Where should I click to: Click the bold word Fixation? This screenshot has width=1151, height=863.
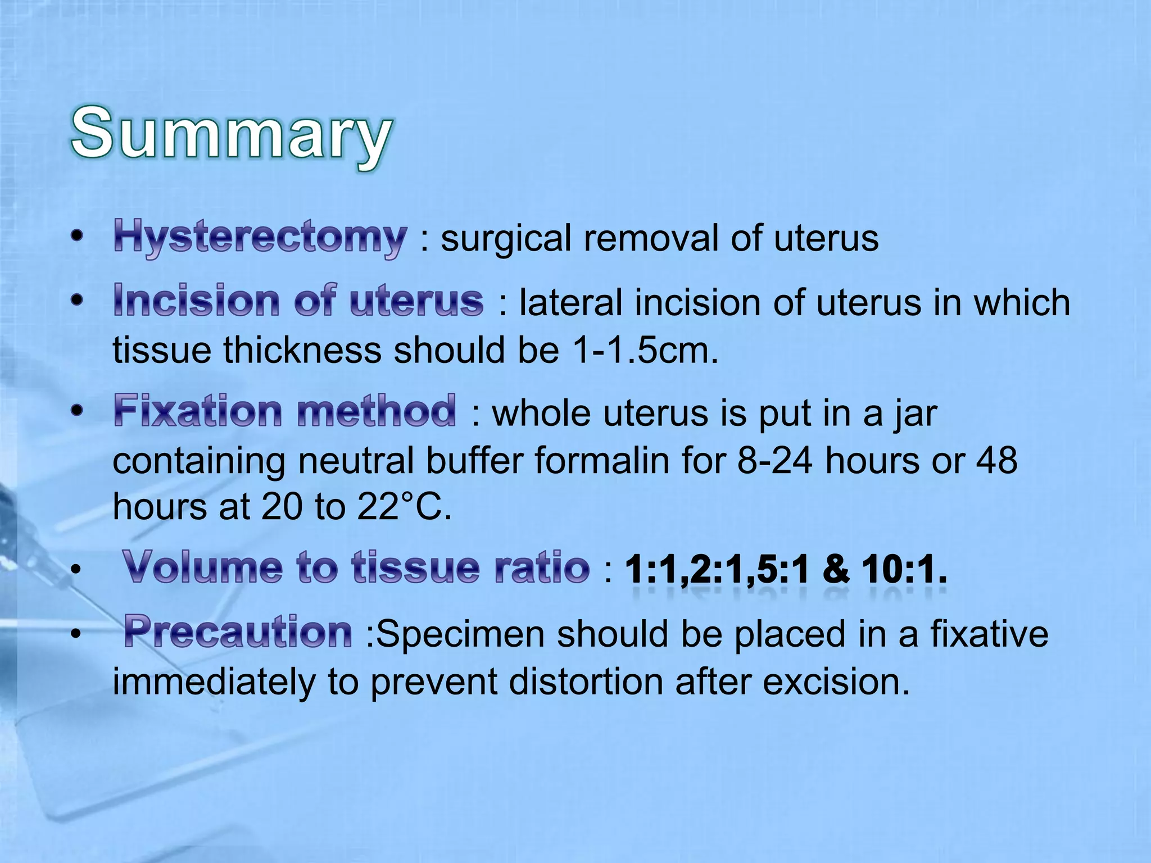198,411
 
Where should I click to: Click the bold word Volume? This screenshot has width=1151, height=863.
202,567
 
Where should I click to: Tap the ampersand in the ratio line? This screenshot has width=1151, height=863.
836,569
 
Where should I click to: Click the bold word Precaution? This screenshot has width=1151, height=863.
238,633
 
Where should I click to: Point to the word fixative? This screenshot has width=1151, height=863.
989,634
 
